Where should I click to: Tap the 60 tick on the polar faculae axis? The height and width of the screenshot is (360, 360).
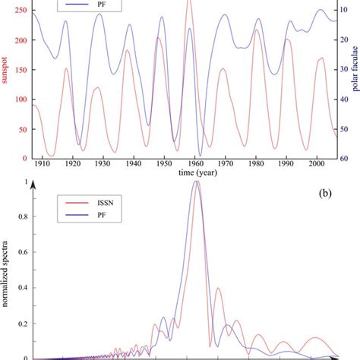pyautogui.click(x=343, y=158)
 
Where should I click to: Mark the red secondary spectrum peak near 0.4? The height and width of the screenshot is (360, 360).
pyautogui.click(x=219, y=289)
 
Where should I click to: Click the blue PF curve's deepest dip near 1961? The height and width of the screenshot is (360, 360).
pyautogui.click(x=200, y=155)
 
